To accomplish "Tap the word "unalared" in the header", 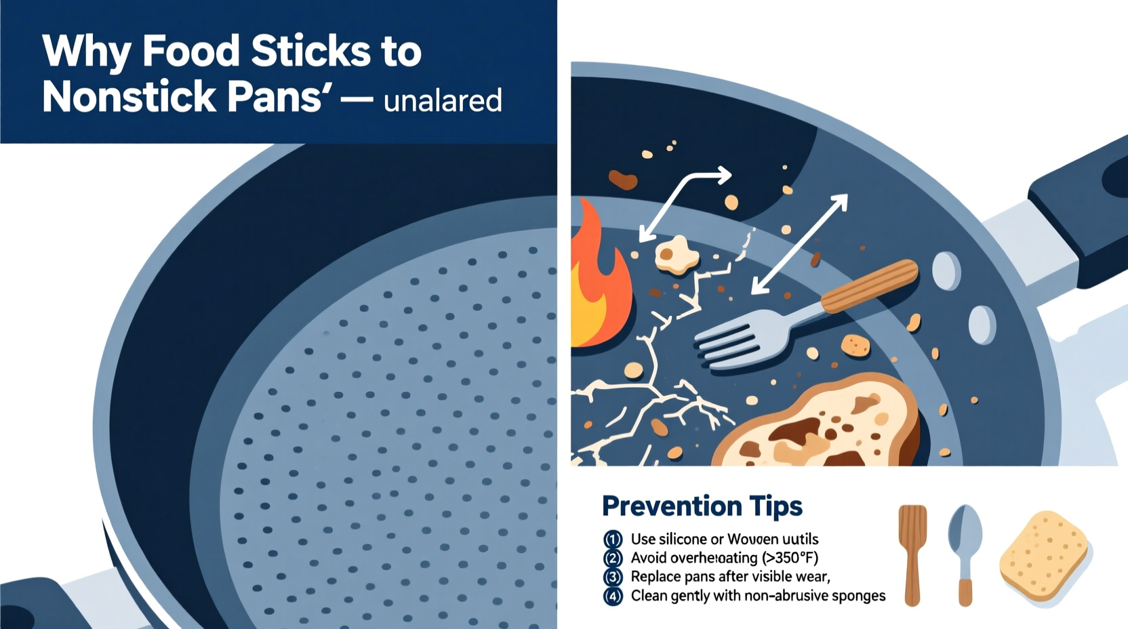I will click(x=443, y=101).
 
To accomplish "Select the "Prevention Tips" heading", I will click(x=702, y=506).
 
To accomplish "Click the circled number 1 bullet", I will click(x=613, y=540).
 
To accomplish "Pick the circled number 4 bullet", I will click(x=613, y=596).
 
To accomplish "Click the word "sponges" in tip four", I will click(x=858, y=596).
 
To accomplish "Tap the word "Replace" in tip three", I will click(x=656, y=577).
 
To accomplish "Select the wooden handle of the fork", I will click(x=869, y=286).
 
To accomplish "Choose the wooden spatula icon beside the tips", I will click(x=912, y=552).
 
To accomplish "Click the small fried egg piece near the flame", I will click(x=676, y=255).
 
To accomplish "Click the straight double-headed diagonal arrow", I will click(x=800, y=244).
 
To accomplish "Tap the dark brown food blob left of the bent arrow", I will click(x=622, y=180).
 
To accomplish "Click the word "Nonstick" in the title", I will click(x=129, y=97).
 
